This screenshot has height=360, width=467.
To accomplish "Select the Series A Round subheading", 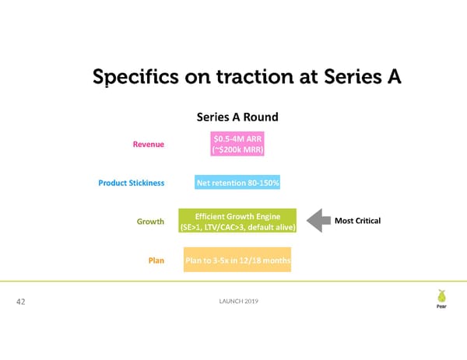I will pos(237,118).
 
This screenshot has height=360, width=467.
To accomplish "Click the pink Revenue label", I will pos(149,144).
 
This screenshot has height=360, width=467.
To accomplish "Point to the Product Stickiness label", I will pos(131,183).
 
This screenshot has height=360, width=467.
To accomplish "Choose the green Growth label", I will pos(149,222).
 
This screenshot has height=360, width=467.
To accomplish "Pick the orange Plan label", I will pos(156,260).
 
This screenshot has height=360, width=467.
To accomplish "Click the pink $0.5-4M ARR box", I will pos(237,144).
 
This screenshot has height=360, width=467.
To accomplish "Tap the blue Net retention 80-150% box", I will pos(237,183).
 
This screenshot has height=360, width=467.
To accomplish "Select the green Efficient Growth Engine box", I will pos(237,222).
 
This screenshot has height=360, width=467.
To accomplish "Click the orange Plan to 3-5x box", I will pos(237,260).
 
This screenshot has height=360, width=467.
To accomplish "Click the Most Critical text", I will pos(357,222).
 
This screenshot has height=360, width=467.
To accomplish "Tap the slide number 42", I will pos(23,303).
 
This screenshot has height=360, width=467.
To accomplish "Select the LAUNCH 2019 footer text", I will pos(238,302).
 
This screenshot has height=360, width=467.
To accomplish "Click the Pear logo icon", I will pos(441,298).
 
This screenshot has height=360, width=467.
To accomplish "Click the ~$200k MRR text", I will pos(237,150).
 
